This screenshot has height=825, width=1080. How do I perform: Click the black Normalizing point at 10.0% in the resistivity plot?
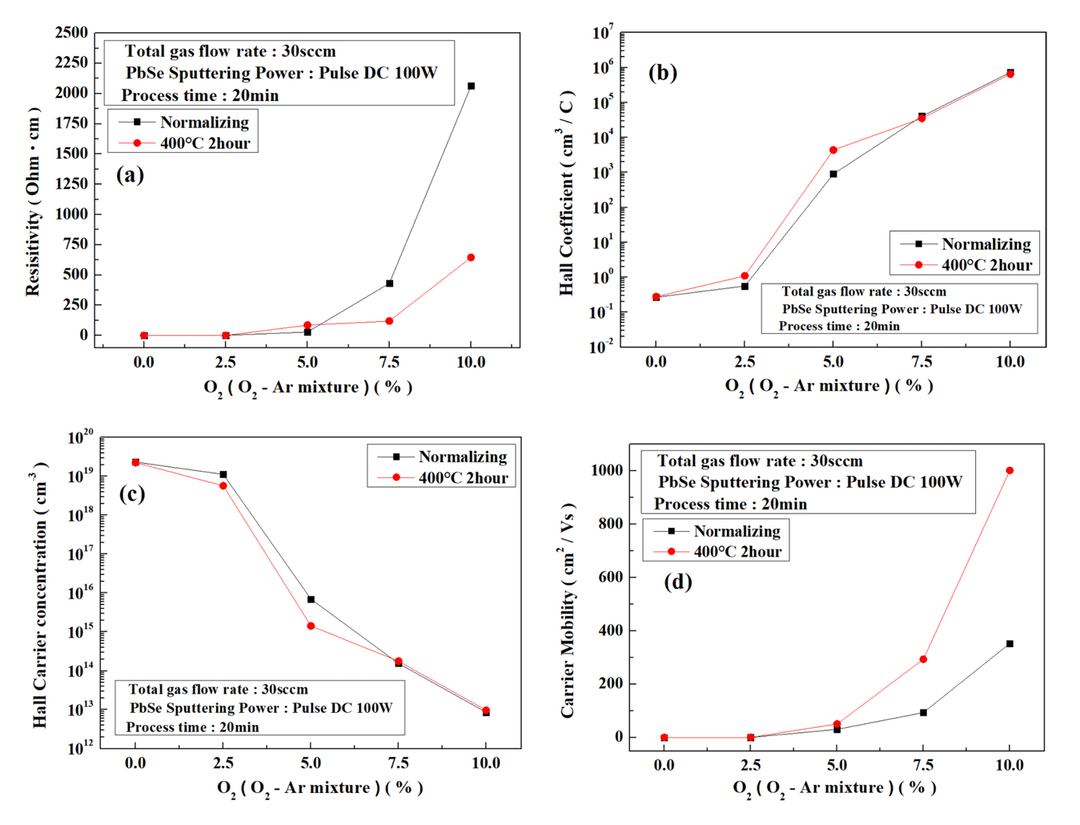[x=471, y=86]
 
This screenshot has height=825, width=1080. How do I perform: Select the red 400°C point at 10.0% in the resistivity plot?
[x=471, y=258]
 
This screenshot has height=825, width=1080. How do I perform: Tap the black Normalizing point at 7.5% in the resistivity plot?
[x=389, y=284]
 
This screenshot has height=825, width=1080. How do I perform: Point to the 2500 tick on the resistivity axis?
[x=72, y=33]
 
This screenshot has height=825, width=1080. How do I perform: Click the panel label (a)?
[x=130, y=175]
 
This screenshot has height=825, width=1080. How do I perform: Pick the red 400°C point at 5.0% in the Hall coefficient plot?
[x=833, y=150]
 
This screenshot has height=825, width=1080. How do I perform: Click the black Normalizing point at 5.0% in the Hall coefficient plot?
[x=833, y=174]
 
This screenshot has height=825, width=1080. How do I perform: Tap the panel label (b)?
[x=663, y=73]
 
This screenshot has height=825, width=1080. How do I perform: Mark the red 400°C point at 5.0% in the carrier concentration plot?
[x=311, y=626]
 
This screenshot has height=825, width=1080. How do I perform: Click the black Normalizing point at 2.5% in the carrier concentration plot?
[x=223, y=475]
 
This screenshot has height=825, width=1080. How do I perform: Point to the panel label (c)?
[x=132, y=493]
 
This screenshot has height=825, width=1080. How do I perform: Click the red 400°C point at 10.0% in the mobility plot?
[x=1010, y=471]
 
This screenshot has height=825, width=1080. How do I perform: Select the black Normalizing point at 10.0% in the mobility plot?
[x=1010, y=644]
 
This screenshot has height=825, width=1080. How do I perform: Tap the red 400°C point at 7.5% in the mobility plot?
[x=923, y=659]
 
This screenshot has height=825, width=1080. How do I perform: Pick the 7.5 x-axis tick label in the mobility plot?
[x=923, y=765]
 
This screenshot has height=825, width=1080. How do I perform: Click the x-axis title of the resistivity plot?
[x=308, y=388]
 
